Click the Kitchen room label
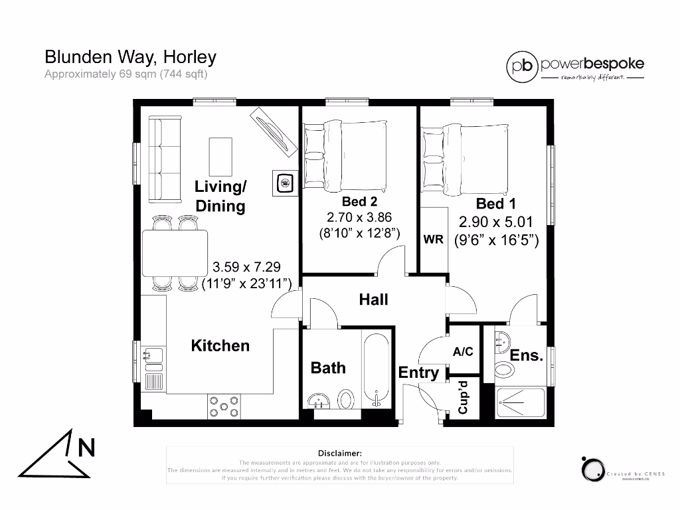[x=220, y=345]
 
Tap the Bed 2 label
[x=359, y=201]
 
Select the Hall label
[x=373, y=299]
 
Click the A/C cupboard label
[x=463, y=352]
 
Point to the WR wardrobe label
[x=433, y=240]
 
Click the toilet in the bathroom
[x=346, y=400]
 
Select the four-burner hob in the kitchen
[x=224, y=406]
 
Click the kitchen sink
[x=154, y=356]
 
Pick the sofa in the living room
[x=164, y=160]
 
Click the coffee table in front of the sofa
[x=220, y=155]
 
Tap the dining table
[x=175, y=253]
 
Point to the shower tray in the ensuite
[x=521, y=402]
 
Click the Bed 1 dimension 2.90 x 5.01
[x=495, y=222]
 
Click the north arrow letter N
[x=86, y=448]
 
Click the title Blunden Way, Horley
[x=130, y=57]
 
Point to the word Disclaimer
[x=339, y=452]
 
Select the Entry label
[x=418, y=373]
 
